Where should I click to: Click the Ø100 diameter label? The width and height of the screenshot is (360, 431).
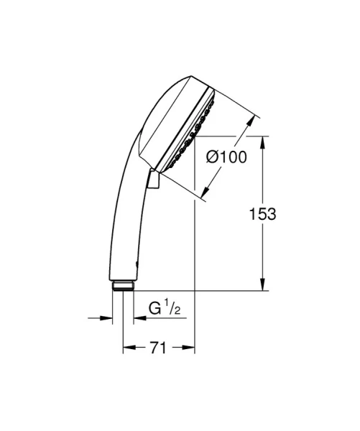(x=223, y=157)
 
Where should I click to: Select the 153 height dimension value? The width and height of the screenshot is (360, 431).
(x=262, y=213)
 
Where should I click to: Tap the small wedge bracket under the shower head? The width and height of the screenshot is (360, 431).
(x=153, y=180)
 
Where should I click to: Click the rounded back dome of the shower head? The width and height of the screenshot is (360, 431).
(x=162, y=108)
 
